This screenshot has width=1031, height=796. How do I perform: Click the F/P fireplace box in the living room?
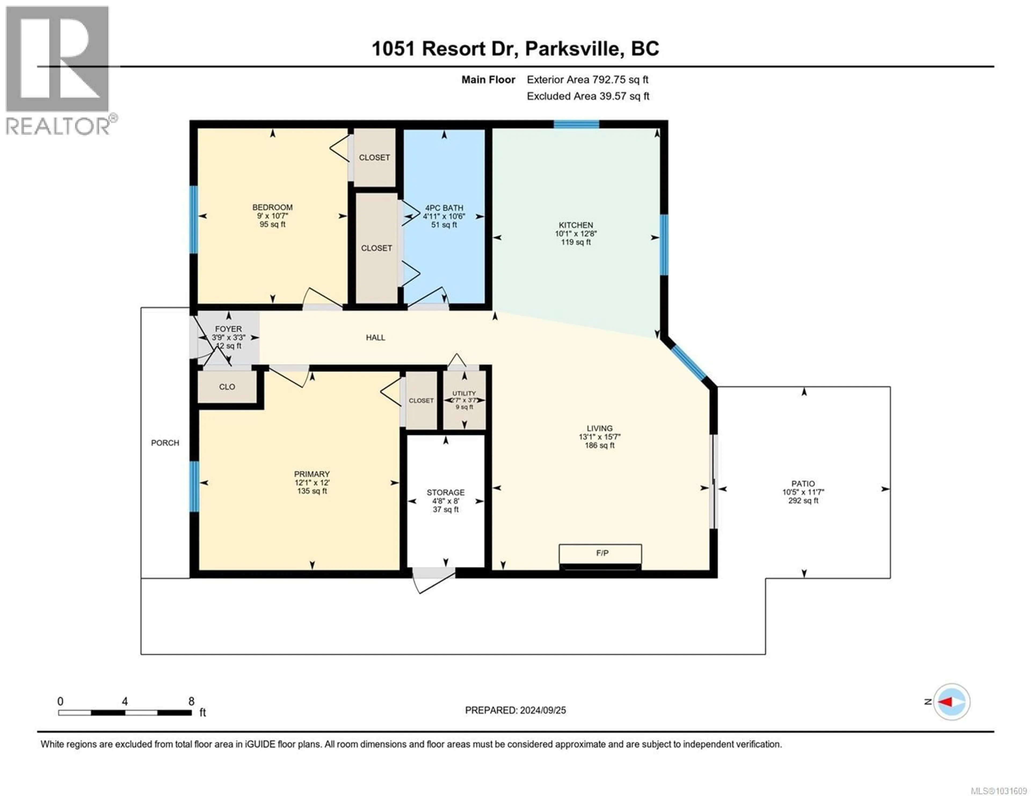600,553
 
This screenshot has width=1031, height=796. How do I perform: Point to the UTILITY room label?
464,393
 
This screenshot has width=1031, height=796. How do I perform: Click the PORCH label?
165,443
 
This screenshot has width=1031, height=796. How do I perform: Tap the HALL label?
375,338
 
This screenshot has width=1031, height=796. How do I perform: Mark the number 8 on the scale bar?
191,701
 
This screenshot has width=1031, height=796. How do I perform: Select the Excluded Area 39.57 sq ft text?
588,96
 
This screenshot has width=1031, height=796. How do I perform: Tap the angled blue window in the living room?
689,363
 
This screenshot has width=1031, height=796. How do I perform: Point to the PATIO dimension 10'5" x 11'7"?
803,492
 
